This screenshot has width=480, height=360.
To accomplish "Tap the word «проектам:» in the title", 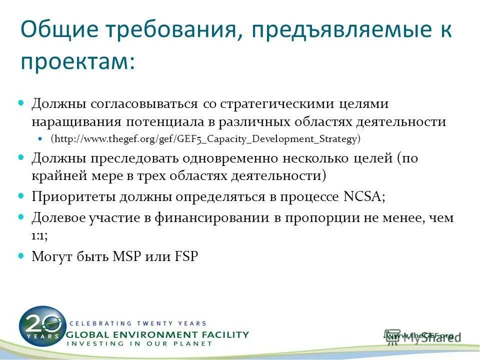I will click(77, 62).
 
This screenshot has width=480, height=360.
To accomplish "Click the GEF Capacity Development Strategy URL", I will click(205, 138).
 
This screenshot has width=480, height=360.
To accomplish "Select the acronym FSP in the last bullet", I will click(186, 256).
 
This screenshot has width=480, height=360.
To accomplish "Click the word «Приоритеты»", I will click(74, 196).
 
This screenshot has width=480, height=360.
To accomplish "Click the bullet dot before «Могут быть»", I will click(21, 255).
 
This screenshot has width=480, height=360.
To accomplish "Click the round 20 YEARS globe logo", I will click(42, 324).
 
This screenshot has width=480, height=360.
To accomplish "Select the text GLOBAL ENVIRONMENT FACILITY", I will click(157, 334).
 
